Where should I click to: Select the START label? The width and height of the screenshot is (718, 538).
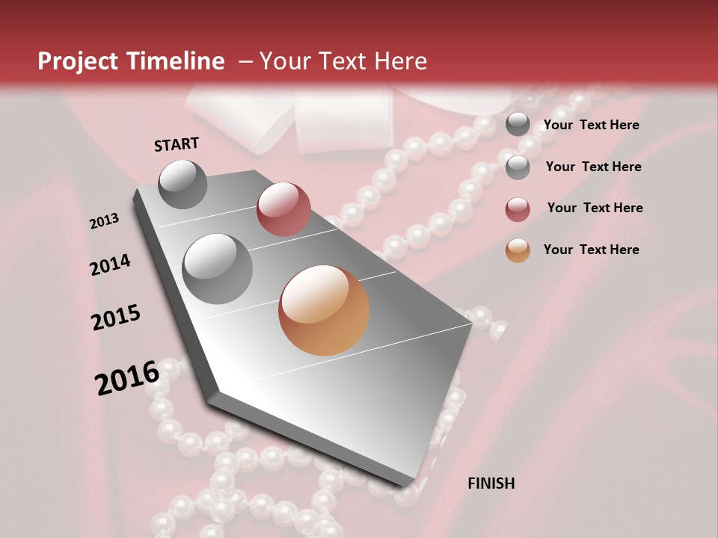(177, 144)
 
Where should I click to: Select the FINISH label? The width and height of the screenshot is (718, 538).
(491, 483)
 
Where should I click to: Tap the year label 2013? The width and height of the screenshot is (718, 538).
(105, 221)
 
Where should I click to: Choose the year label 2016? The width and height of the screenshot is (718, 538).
(127, 378)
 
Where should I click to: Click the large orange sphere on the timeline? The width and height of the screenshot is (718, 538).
(324, 310)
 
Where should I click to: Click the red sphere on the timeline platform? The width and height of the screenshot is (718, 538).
(283, 208)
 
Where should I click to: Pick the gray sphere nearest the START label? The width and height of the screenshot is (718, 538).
(183, 184)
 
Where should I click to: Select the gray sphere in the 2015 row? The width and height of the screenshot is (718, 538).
(218, 268)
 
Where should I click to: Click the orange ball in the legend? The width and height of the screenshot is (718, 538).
(518, 250)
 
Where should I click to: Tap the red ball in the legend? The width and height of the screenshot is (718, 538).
(518, 209)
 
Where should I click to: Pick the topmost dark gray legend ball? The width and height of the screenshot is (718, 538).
(518, 125)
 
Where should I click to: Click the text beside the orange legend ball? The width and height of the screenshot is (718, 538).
(591, 250)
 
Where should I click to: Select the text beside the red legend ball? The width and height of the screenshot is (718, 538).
(595, 208)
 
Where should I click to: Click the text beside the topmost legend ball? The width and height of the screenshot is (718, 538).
(591, 125)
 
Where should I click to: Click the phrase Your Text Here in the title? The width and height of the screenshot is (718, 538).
(343, 61)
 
